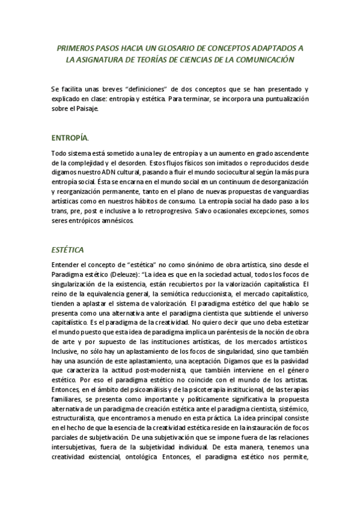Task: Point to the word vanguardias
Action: [287, 191]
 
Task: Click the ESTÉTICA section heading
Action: [67, 249]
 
